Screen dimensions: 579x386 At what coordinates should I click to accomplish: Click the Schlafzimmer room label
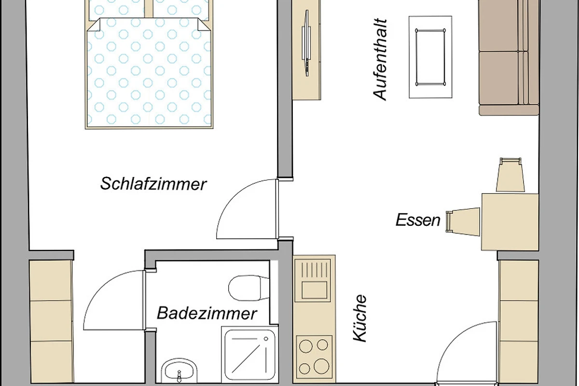point(153,184)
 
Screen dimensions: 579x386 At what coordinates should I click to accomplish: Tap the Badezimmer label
point(207,313)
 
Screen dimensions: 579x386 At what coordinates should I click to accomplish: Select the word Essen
point(418,220)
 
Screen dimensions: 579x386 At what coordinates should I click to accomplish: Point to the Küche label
point(360,318)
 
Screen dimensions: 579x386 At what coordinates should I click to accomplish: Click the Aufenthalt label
point(380,59)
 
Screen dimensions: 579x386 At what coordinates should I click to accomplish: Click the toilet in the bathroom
point(248,288)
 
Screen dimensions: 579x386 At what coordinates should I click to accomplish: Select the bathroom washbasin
point(179,371)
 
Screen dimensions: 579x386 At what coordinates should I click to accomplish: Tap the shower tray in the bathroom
point(250,354)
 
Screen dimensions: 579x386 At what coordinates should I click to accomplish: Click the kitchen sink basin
point(314,290)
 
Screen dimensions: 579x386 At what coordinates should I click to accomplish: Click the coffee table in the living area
point(430,57)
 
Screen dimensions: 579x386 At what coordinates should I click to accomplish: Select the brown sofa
point(509,57)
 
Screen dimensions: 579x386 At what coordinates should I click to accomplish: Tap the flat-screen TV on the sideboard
point(307,43)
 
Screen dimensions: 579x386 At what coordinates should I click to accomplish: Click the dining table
point(510,222)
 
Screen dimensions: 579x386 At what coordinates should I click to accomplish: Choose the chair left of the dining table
point(463,222)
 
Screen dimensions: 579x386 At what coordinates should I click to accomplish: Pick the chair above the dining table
point(510,175)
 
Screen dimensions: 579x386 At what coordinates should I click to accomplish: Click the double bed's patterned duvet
point(149,74)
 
